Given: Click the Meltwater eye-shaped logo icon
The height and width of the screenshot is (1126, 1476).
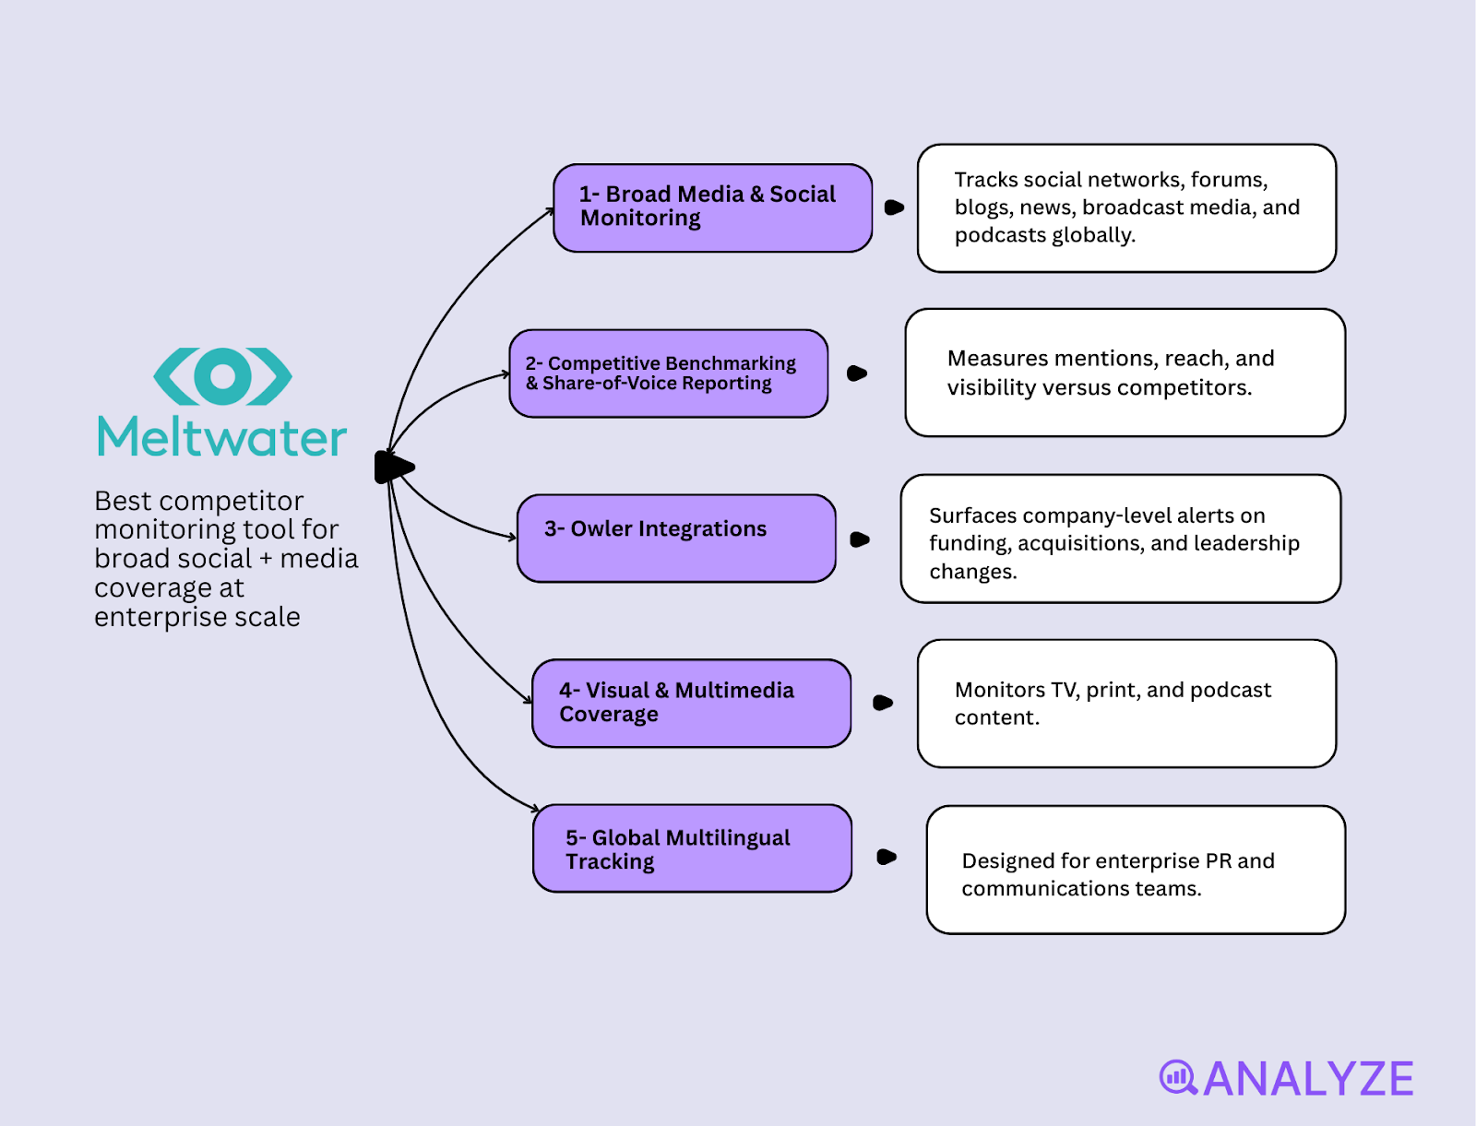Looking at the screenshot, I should point(222,376).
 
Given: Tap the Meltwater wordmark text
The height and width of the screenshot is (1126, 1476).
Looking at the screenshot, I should point(222,438).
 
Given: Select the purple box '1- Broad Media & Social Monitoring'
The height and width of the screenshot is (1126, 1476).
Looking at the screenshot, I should point(712,207).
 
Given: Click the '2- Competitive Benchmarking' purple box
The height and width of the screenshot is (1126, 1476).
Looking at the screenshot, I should point(669,373).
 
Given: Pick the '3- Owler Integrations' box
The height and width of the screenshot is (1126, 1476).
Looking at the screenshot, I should point(676,538).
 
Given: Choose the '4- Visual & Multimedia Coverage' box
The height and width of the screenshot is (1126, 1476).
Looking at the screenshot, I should point(691,703).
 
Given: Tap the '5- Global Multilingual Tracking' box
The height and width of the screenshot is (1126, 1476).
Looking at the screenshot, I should point(692,848).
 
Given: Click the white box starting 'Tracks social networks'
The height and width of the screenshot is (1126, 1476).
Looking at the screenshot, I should point(1126,207).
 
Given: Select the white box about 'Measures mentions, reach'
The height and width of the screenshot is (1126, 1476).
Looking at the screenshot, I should point(1125,373).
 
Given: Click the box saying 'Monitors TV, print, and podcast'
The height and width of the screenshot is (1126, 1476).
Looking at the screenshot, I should point(1126,704).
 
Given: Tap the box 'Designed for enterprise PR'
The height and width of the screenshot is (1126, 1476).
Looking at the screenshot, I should point(1136,870).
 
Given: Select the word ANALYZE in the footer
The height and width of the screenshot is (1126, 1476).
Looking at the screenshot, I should point(1308,1079).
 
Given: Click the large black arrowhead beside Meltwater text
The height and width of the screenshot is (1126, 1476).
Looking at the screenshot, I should point(394,468).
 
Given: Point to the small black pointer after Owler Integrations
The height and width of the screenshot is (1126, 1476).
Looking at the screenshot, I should point(860,539).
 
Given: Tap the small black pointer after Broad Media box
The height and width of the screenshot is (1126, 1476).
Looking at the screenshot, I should point(894,207).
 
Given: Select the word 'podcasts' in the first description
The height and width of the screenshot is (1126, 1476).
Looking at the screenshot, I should point(995,235).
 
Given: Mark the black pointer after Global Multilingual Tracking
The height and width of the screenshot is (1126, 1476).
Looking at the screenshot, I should point(887,857).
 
